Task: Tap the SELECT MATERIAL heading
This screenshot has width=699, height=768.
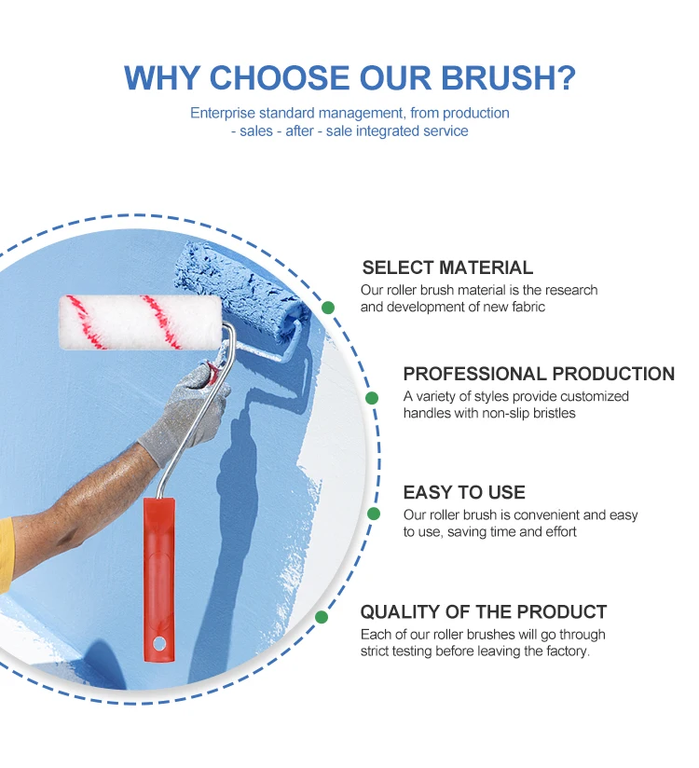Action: (447, 268)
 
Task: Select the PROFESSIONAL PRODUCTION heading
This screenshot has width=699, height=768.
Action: (539, 374)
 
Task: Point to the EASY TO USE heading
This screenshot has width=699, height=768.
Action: (464, 492)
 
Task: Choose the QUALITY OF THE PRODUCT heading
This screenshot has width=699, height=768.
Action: (483, 612)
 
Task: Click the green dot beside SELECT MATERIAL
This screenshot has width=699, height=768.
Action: (328, 307)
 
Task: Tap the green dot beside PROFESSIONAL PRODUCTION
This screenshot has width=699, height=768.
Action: (372, 398)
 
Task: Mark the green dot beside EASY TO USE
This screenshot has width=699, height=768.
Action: (374, 514)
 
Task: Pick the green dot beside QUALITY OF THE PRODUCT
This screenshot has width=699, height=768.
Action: (322, 617)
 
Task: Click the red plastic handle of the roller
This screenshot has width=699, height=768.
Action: (158, 569)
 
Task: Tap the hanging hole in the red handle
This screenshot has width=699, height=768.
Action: (160, 643)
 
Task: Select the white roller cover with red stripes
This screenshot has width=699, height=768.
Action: (140, 322)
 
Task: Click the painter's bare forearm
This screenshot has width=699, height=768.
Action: (84, 494)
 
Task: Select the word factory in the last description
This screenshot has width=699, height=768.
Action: (565, 651)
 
